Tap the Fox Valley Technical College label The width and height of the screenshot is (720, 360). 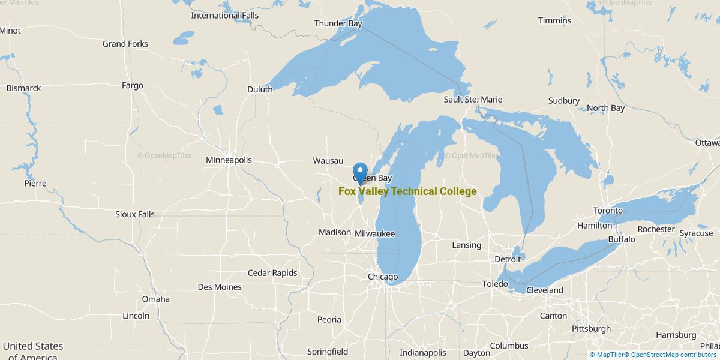click(407, 191)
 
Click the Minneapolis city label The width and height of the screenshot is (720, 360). click(229, 160)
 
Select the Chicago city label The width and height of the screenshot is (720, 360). click(383, 277)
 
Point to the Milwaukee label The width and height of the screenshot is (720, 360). click(375, 233)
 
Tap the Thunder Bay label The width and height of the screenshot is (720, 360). click(338, 24)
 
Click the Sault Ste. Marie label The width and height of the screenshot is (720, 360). click(473, 100)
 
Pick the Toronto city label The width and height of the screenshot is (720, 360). click(608, 211)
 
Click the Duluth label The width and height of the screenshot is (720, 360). click(260, 89)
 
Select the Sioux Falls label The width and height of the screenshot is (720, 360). click(135, 214)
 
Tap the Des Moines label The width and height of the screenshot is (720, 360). click(220, 287)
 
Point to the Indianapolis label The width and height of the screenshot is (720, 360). click(423, 353)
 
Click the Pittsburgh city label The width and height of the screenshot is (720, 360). click(591, 329)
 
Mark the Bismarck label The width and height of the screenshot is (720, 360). click(24, 88)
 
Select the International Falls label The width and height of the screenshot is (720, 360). click(225, 16)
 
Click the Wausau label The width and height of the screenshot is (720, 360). click(328, 161)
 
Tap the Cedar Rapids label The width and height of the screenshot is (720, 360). click(272, 273)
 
